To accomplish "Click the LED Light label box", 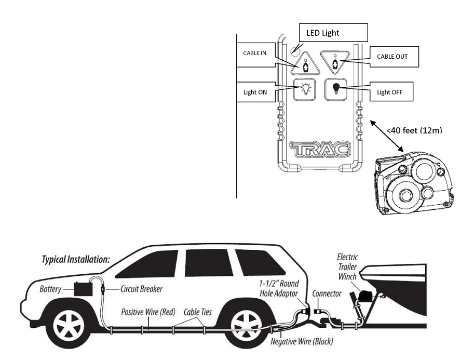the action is coord(333,33).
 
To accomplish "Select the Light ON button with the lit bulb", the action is coord(305,89).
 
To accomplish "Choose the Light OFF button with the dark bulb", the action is coord(336,89).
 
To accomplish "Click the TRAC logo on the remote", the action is coord(320,149).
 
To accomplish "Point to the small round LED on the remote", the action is coord(295,50).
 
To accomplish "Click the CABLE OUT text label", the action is coord(392,57).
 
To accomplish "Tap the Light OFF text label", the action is coord(389,92).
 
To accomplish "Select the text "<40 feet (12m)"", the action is coord(414,130).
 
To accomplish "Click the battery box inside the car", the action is coord(83,289).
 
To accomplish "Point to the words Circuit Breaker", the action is coord(141,289).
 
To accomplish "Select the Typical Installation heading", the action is coord(76,259).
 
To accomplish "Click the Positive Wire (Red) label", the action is coord(148,312).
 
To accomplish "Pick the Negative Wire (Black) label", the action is coord(302,341).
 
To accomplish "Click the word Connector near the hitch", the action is coord(327,294).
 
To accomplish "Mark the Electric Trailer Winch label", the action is coord(347,267).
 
